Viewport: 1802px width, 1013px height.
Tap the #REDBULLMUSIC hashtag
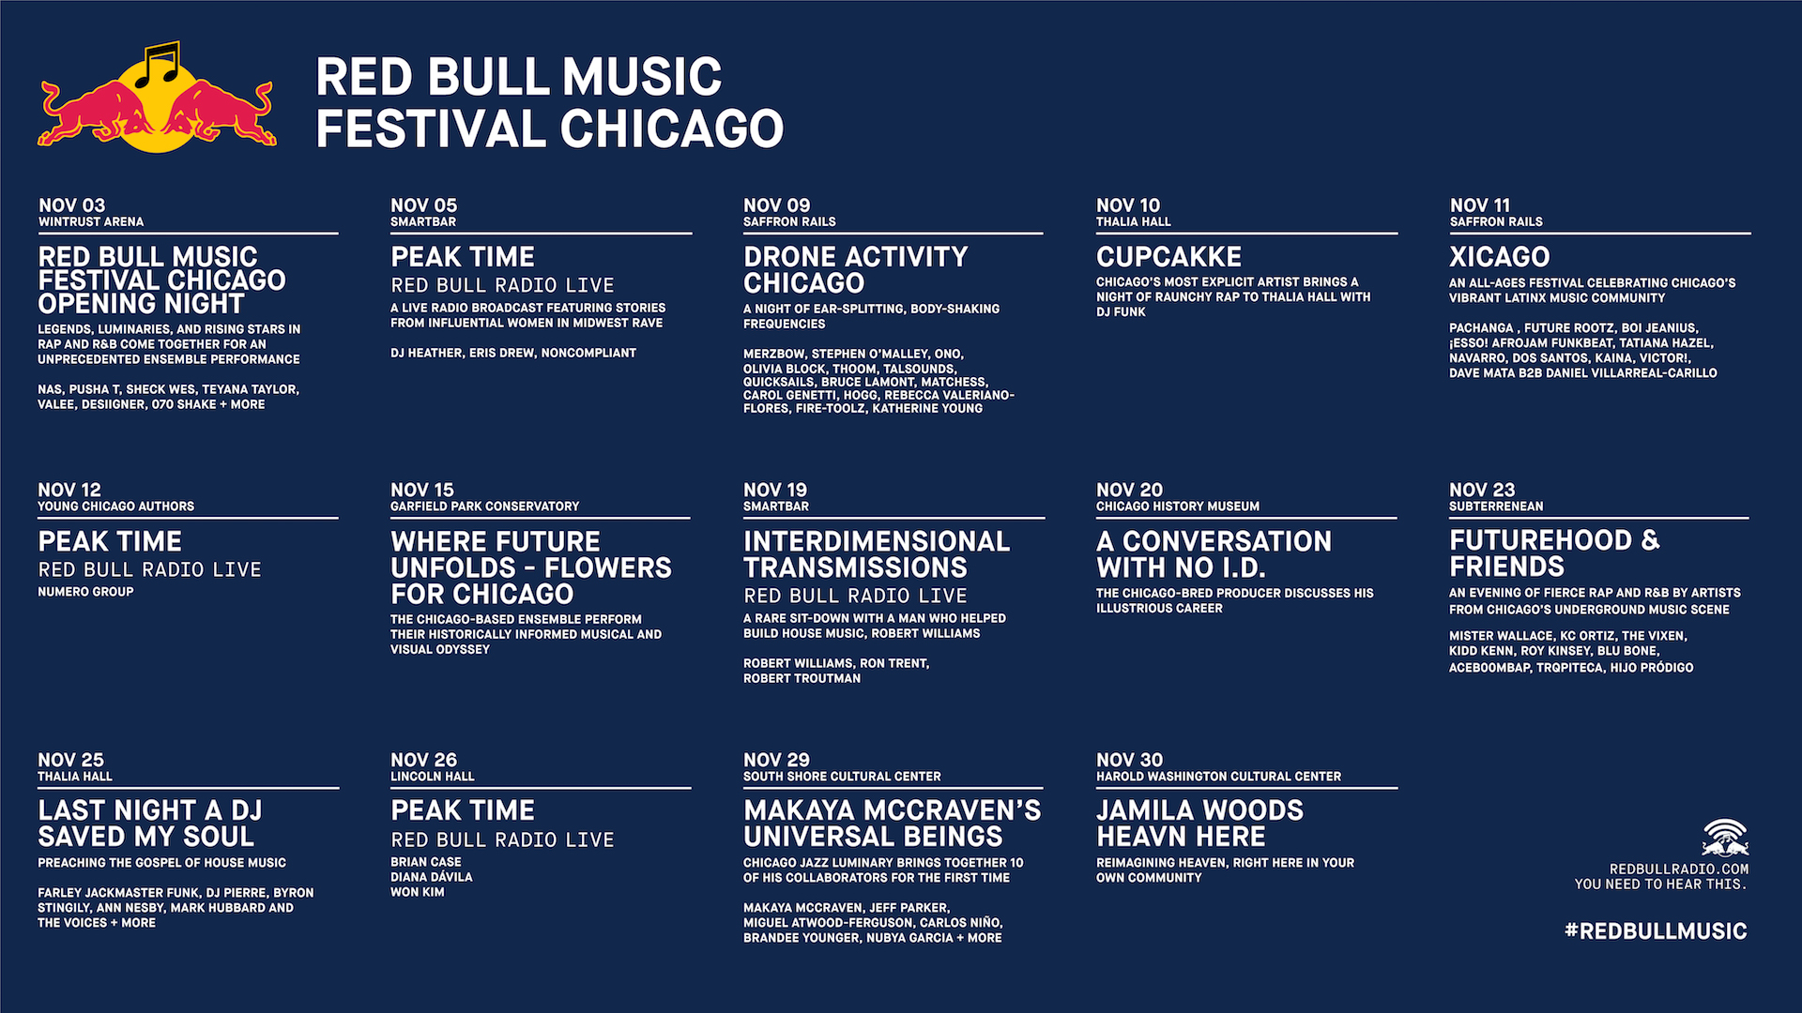coord(1656,931)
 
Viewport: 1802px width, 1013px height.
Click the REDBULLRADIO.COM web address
coord(1679,869)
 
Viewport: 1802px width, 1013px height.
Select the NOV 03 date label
coord(72,205)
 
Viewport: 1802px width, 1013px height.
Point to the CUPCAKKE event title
coord(1168,257)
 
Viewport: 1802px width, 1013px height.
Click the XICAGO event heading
coord(1499,257)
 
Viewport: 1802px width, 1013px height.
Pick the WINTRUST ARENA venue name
coord(91,222)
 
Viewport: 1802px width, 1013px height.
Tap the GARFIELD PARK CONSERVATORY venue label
coord(484,506)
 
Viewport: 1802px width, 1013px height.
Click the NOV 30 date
coord(1129,760)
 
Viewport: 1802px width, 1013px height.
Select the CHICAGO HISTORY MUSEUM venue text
coord(1178,506)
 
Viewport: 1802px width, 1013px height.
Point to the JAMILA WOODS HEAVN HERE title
coord(1199,824)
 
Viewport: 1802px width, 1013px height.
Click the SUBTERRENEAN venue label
coord(1496,506)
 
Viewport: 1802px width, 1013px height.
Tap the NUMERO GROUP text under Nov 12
coord(85,592)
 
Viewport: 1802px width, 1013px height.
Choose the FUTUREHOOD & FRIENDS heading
coord(1554,553)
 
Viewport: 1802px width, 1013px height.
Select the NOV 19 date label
coord(775,490)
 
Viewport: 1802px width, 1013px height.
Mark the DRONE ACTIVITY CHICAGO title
coord(855,270)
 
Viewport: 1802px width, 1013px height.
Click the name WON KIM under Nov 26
coord(418,892)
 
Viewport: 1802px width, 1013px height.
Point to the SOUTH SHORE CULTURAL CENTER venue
coord(842,777)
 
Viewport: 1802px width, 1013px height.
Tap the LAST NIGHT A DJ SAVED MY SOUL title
coord(150,824)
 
